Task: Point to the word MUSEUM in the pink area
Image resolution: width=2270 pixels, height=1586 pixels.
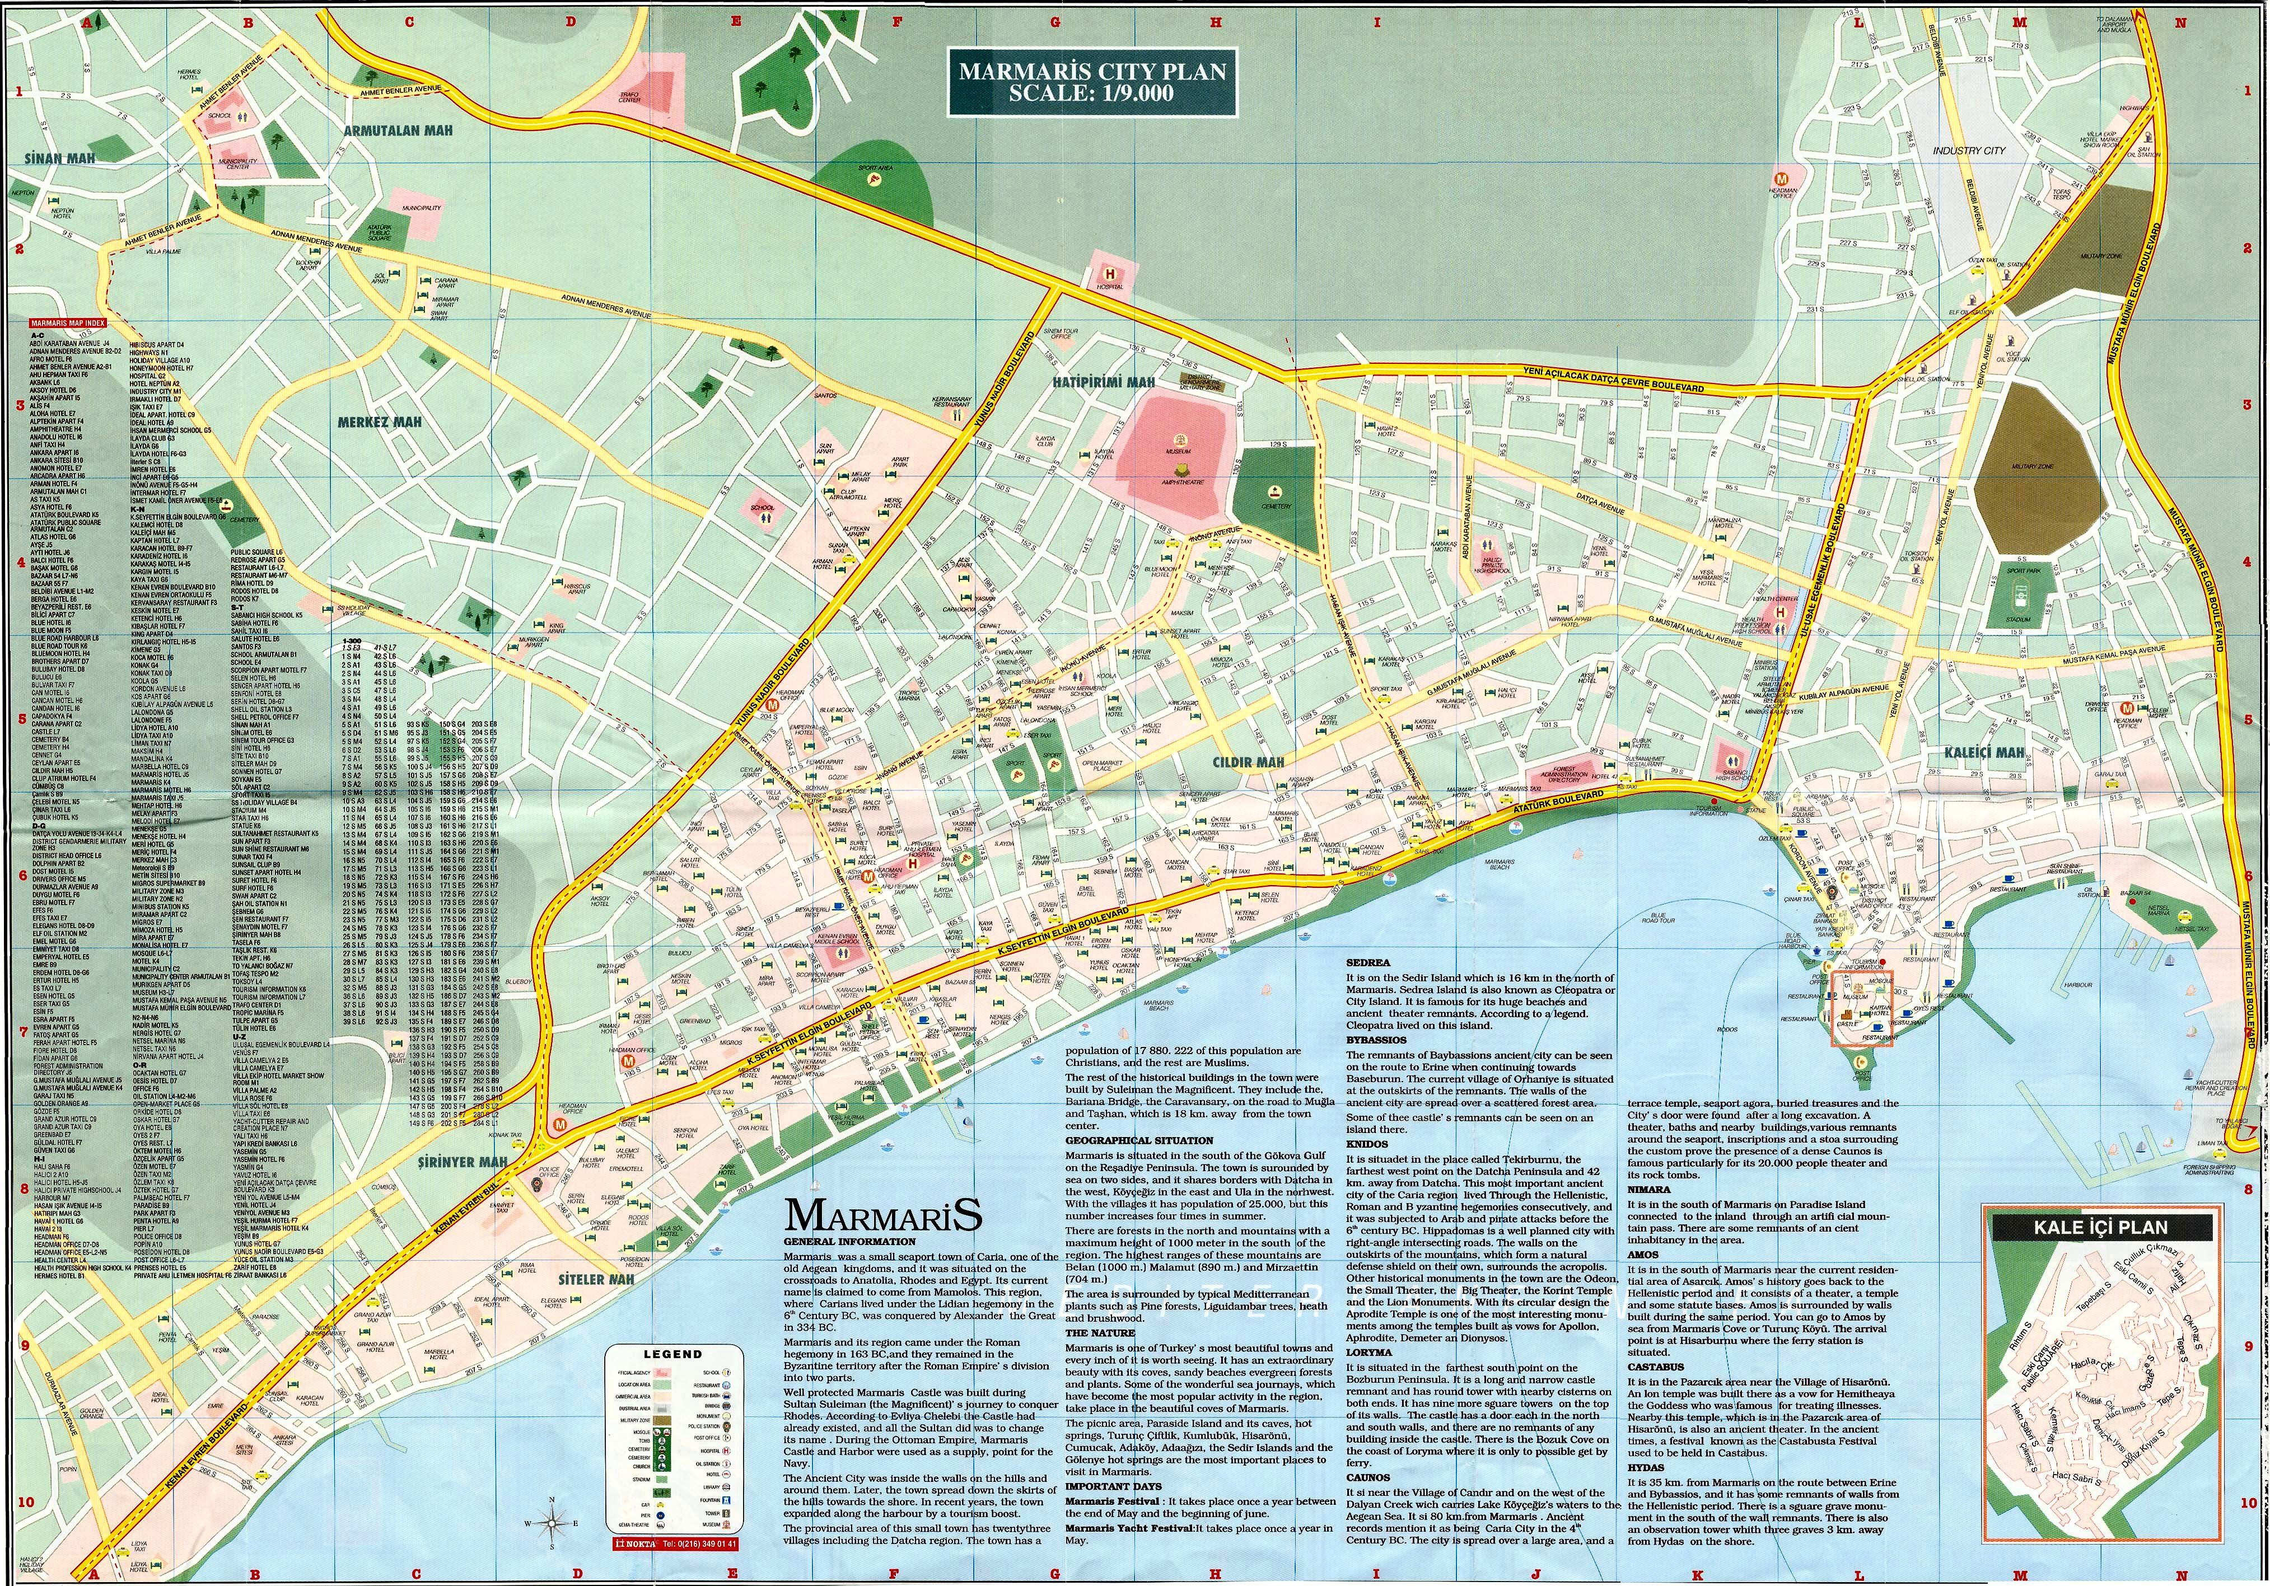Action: [1179, 451]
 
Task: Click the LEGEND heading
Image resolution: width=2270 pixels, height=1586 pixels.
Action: [673, 1354]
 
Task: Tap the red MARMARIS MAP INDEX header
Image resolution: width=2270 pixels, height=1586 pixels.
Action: [67, 322]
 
